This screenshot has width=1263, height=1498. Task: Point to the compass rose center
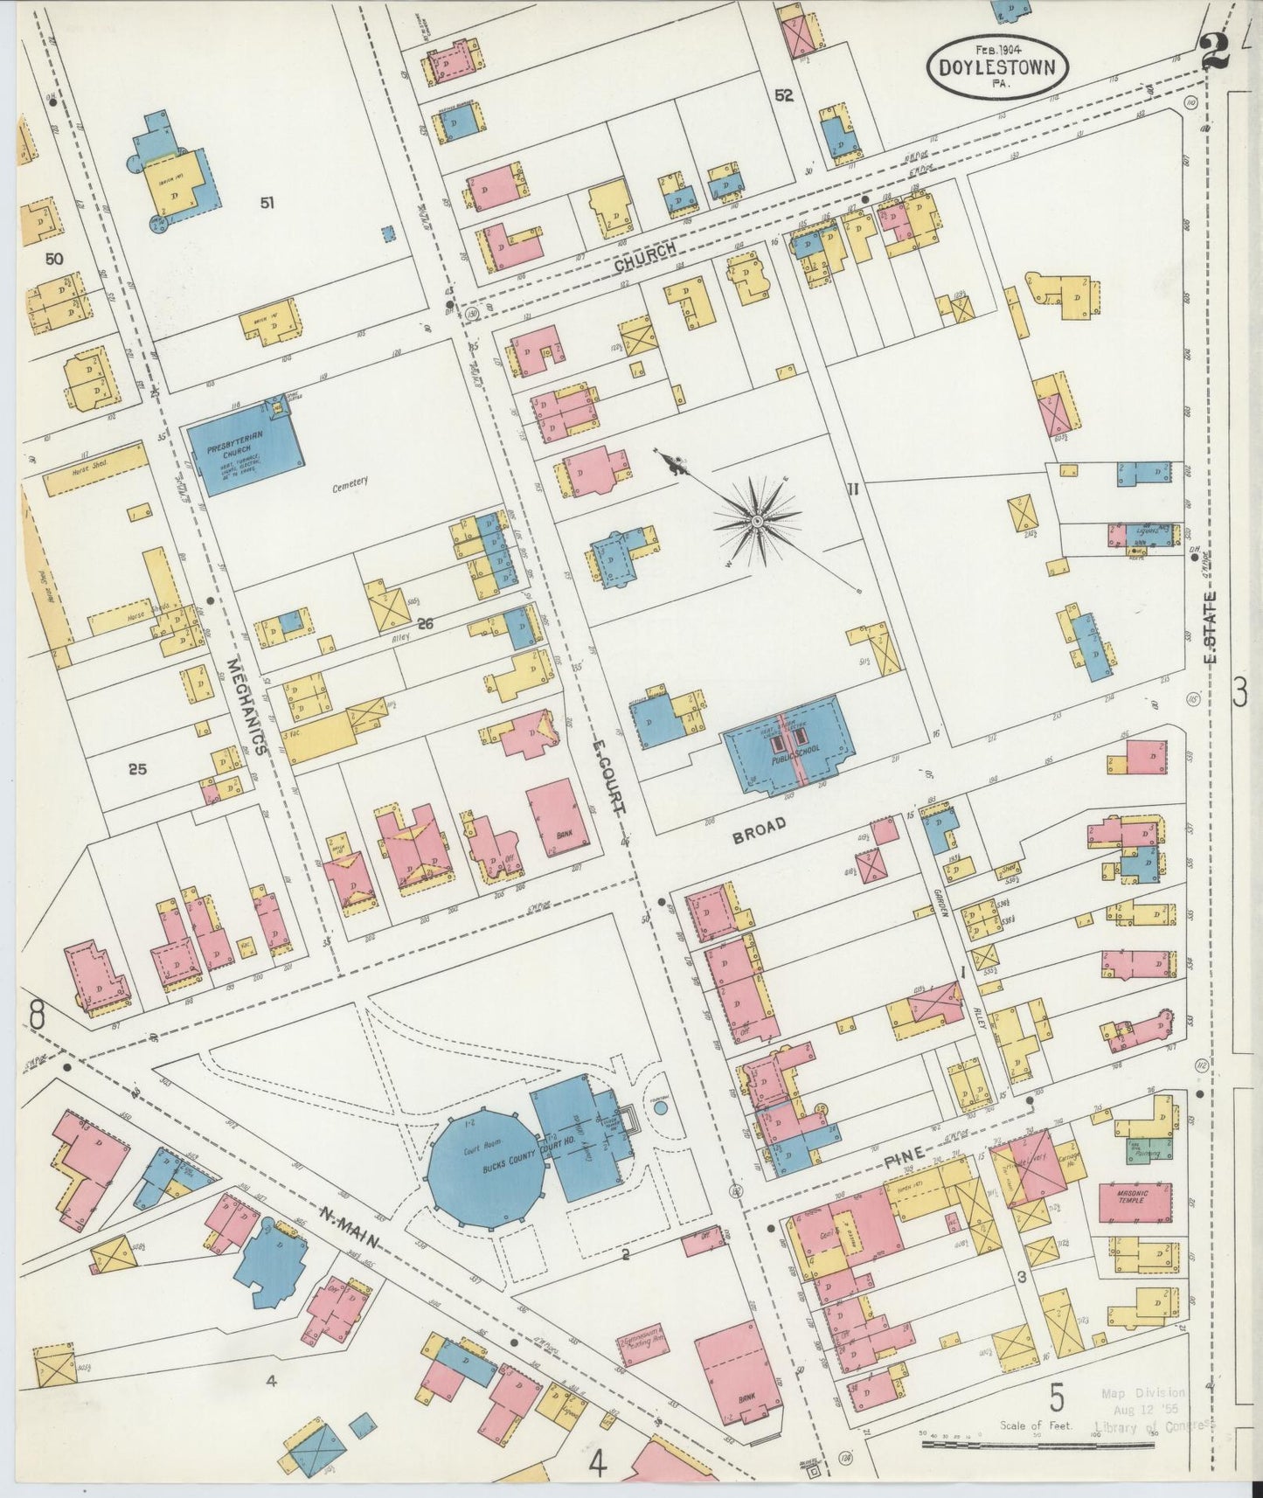pyautogui.click(x=757, y=522)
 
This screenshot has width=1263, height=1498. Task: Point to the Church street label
pyautogui.click(x=644, y=256)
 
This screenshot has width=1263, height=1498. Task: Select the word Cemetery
pyautogui.click(x=350, y=482)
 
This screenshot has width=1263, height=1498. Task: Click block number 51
pyautogui.click(x=267, y=203)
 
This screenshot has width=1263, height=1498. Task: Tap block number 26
pyautogui.click(x=426, y=623)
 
